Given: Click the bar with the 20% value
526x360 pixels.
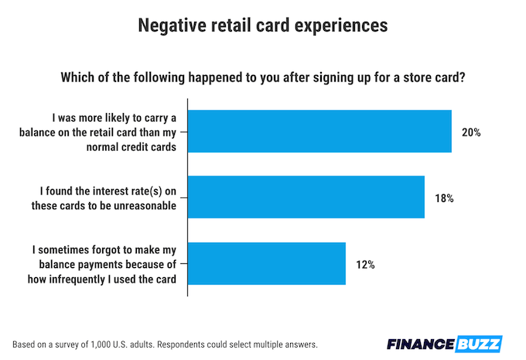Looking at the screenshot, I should tap(319, 132).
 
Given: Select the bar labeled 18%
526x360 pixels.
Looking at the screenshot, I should tap(306, 197).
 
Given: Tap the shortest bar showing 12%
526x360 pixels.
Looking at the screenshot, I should tap(267, 264).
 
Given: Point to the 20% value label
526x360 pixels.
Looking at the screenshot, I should tap(471, 132).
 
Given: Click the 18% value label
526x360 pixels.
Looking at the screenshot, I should tap(444, 198).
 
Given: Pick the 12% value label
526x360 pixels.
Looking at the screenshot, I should tap(365, 265).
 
